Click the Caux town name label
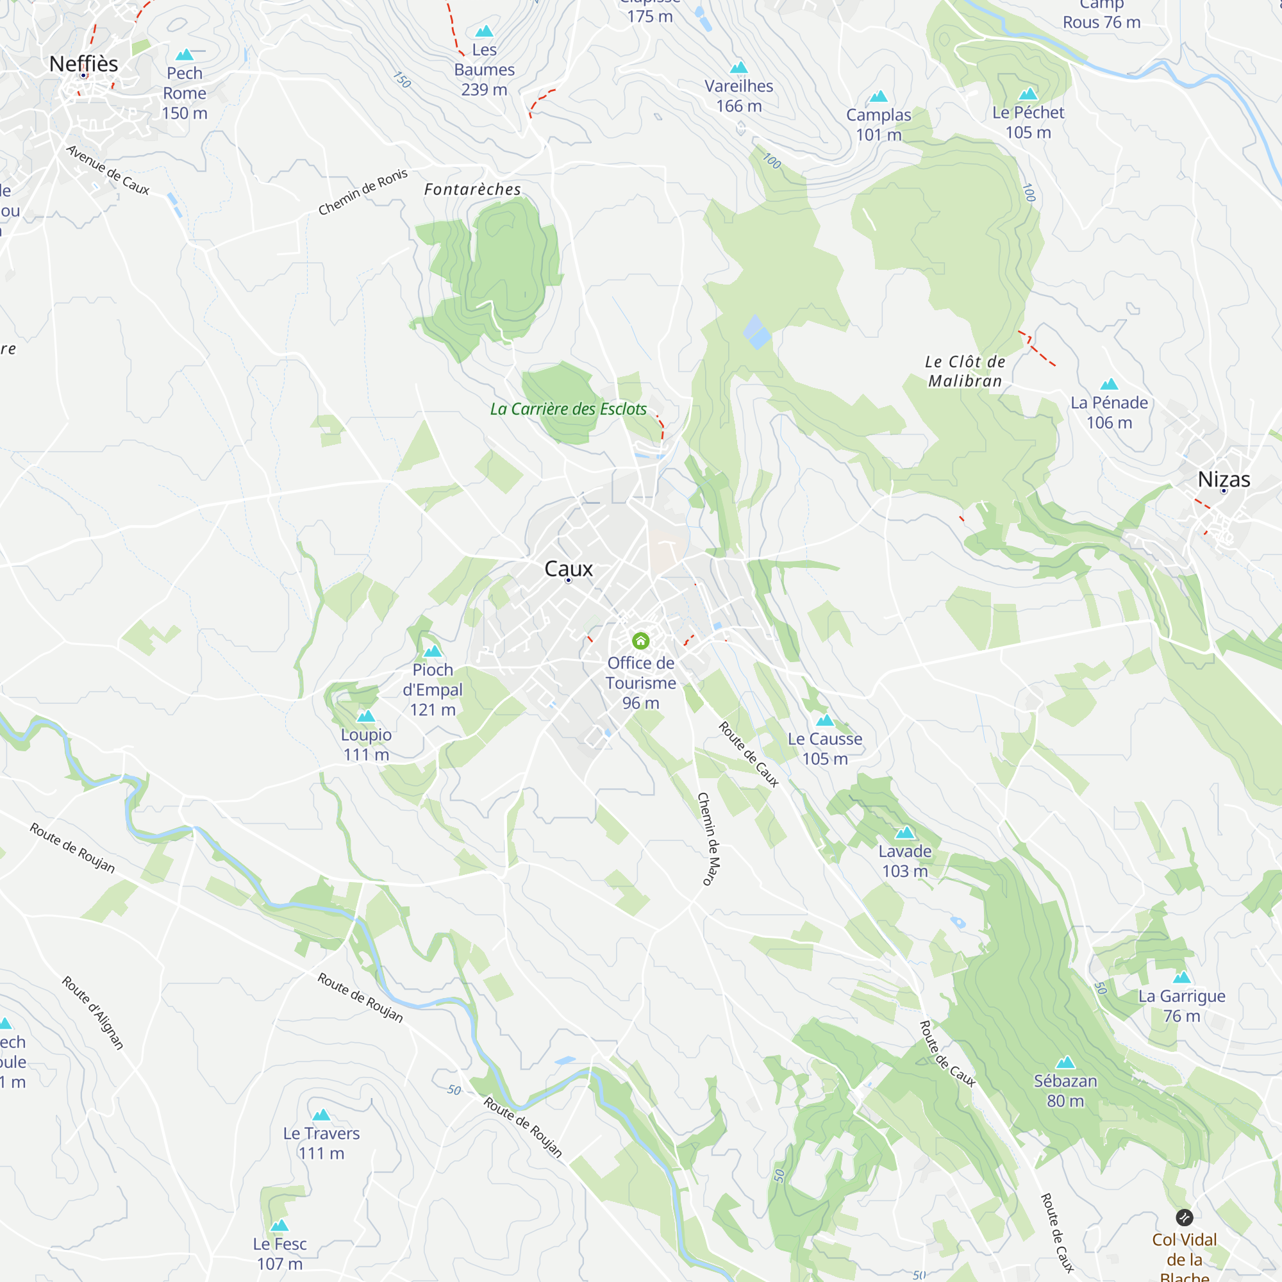pos(568,569)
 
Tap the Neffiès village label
pos(83,63)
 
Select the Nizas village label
pos(1224,479)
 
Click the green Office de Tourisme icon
pos(640,640)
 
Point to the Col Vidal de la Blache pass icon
pos(1185,1217)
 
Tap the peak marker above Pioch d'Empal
pos(433,651)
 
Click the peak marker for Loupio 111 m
pos(366,716)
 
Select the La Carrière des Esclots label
pos(568,409)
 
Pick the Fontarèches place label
pos(472,190)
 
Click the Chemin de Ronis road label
pos(363,192)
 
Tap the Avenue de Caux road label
pos(108,171)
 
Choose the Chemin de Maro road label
pos(709,838)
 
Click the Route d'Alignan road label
pos(93,1013)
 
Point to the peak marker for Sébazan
pos(1065,1062)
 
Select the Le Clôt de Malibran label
pos(965,371)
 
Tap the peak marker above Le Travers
pos(321,1115)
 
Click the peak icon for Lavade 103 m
pos(905,833)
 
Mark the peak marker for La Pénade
pos(1109,384)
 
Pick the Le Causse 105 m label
pos(825,749)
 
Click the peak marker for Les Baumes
pos(485,31)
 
